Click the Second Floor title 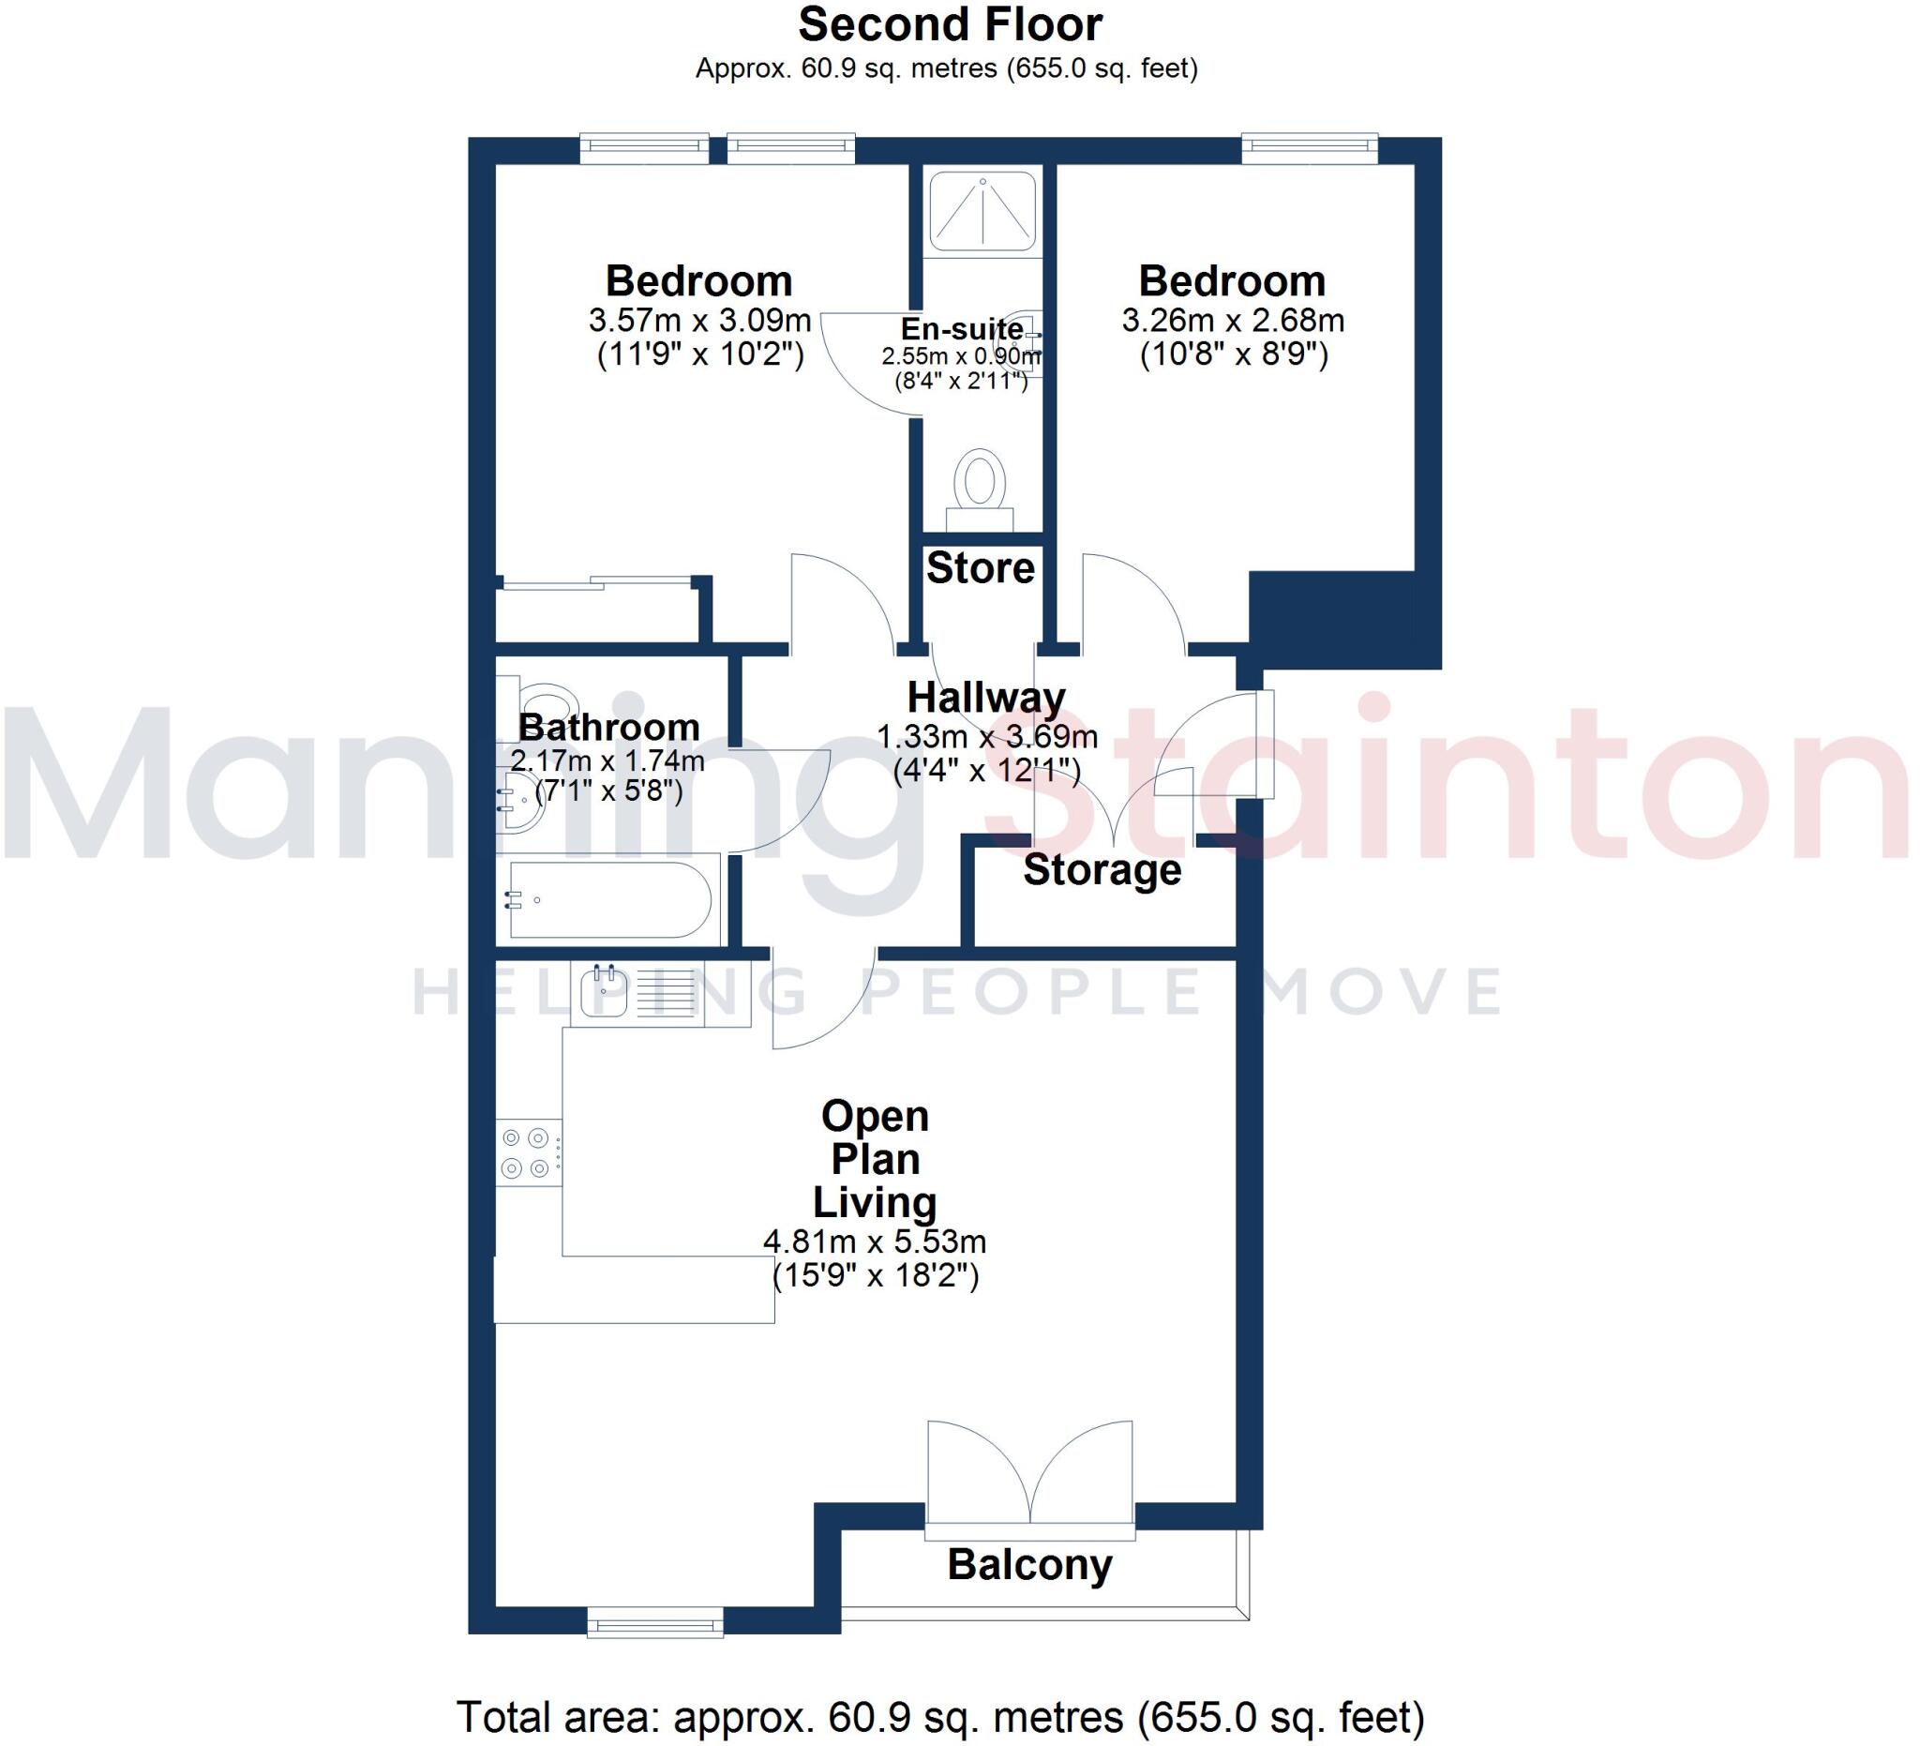[x=950, y=24]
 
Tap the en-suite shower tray [x=982, y=210]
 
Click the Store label [x=980, y=568]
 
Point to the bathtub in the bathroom [x=609, y=900]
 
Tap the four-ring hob [x=528, y=1152]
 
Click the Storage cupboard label [x=1102, y=870]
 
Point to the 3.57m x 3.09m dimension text [x=699, y=320]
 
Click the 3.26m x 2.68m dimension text [x=1233, y=320]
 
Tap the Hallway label [x=985, y=699]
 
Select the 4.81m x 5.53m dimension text [x=875, y=1242]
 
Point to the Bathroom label [x=608, y=728]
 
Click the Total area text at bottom [x=940, y=1718]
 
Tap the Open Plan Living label [x=875, y=1159]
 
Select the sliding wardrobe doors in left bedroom [x=596, y=583]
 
